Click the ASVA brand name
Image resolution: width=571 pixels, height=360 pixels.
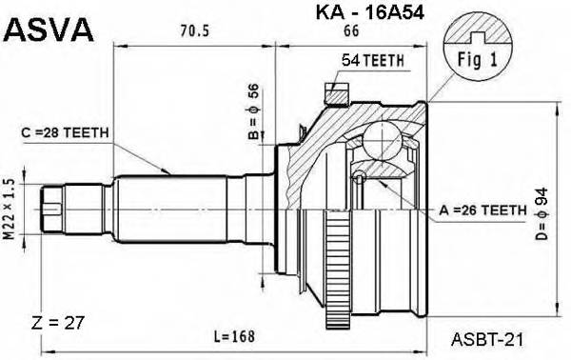pos(49,30)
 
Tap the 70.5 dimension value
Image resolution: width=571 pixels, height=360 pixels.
pos(195,30)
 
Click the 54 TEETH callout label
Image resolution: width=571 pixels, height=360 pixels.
pos(373,59)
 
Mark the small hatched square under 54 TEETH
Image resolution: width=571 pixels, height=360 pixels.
pos(334,93)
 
